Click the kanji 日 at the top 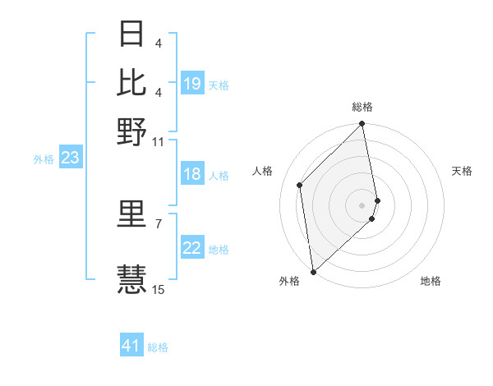point(131,34)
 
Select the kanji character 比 point(131,82)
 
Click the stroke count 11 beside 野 point(159,141)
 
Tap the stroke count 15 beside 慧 point(159,289)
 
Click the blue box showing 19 point(192,84)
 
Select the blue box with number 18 point(192,174)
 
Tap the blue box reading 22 point(192,248)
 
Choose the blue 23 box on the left point(70,158)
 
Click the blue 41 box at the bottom point(131,346)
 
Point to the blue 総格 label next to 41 point(158,347)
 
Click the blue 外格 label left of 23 point(43,159)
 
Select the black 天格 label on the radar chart point(462,171)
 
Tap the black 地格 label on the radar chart point(431,281)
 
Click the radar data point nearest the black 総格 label point(362,124)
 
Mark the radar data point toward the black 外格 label point(313,271)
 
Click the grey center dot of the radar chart point(362,204)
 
